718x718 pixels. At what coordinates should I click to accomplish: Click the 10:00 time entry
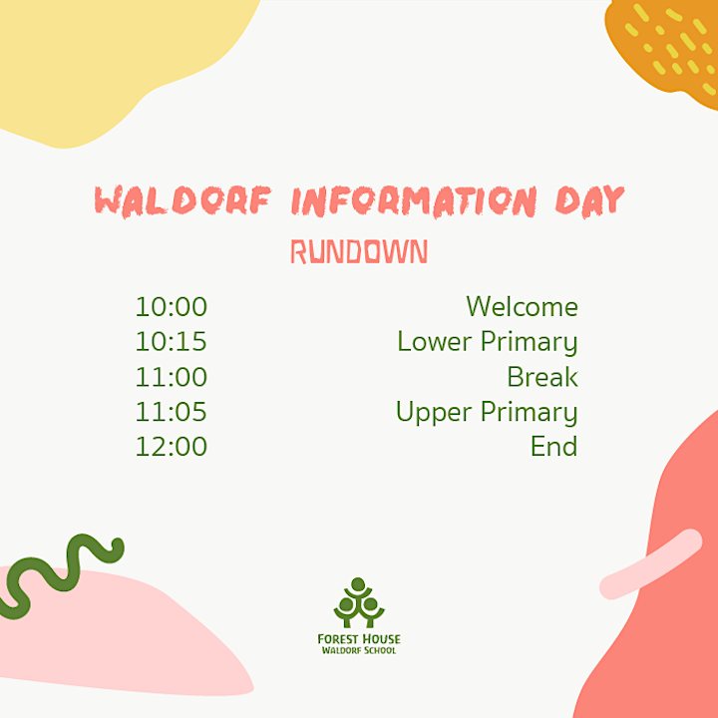[x=172, y=307]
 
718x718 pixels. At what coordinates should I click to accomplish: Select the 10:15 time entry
[x=172, y=342]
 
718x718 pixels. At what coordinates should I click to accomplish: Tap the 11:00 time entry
[x=172, y=377]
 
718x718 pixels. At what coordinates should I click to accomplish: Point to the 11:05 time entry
[x=172, y=412]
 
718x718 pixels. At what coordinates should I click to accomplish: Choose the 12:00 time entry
[x=172, y=447]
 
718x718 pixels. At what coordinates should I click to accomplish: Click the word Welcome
[x=522, y=306]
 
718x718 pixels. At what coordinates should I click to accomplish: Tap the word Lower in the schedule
[x=435, y=342]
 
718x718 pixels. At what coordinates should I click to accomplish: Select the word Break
[x=542, y=377]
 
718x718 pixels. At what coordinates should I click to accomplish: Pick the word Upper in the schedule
[x=434, y=413]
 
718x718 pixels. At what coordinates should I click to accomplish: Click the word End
[x=554, y=447]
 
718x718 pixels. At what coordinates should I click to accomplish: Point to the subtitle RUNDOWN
[x=359, y=251]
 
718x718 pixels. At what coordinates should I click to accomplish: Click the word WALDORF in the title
[x=182, y=200]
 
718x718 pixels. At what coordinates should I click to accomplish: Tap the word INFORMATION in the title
[x=414, y=201]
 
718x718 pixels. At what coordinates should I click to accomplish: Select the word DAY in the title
[x=589, y=201]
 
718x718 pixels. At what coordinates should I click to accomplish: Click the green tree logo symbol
[x=359, y=602]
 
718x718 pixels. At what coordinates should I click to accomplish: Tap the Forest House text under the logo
[x=359, y=639]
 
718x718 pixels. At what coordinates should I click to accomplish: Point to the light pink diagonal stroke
[x=650, y=564]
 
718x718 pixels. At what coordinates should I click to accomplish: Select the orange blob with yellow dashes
[x=664, y=51]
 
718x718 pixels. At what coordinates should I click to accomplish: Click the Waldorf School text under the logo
[x=359, y=650]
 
